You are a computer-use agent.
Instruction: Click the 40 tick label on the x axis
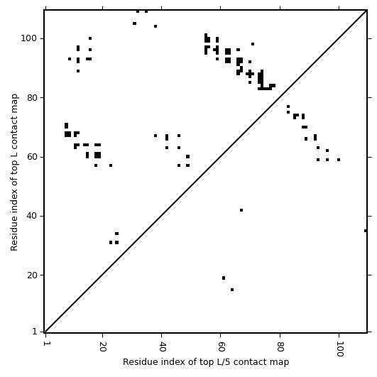(x=163, y=346)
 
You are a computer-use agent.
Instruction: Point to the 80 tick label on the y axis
(x=33, y=98)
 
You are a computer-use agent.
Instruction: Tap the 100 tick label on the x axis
(x=340, y=349)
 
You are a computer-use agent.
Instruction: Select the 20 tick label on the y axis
(x=33, y=275)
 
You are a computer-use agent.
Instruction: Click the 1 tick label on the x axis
(x=45, y=344)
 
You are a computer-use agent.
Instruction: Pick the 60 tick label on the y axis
(x=33, y=157)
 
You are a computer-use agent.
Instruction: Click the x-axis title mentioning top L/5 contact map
(x=206, y=362)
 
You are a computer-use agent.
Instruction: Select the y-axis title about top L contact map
(x=14, y=173)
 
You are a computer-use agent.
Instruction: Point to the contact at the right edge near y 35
(x=366, y=231)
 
